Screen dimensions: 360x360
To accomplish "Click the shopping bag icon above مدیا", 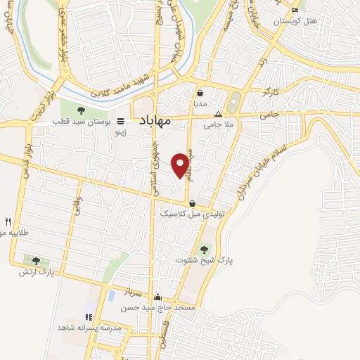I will (200, 93).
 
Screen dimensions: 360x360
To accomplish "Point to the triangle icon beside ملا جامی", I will (218, 114).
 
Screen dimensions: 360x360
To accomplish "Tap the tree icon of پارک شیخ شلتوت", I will (205, 248).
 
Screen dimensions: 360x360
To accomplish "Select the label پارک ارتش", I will (36, 271).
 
